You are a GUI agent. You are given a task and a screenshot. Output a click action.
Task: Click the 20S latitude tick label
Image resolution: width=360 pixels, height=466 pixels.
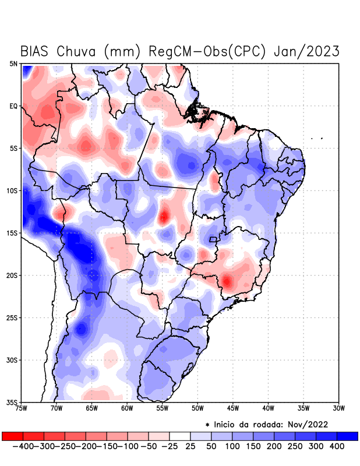coord(12,276)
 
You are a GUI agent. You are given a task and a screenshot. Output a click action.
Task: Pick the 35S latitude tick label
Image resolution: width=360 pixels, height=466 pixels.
coord(12,402)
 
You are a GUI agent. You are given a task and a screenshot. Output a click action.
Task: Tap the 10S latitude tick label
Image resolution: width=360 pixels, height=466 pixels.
coord(12,191)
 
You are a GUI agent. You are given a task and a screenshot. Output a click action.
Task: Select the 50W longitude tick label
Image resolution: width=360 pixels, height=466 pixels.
coord(197,408)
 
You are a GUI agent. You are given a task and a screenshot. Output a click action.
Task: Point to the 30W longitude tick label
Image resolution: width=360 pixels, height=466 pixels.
coord(338,408)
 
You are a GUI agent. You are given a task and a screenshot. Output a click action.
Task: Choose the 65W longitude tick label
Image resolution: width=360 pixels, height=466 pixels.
coord(92,408)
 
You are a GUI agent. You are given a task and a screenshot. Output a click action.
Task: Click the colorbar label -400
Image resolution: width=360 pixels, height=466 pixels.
coord(23,446)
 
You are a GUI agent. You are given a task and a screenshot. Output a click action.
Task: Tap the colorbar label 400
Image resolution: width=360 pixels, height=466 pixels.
coord(337,446)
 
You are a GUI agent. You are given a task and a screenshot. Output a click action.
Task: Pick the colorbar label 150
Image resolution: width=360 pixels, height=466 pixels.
coord(253,446)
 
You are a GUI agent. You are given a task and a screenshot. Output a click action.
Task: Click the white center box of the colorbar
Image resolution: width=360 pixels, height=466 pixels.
coord(180,436)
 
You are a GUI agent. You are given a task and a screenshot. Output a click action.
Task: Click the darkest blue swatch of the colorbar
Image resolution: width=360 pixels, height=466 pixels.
coord(347,436)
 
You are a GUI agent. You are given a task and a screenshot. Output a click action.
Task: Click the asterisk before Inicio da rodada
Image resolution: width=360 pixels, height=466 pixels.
coord(207,425)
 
